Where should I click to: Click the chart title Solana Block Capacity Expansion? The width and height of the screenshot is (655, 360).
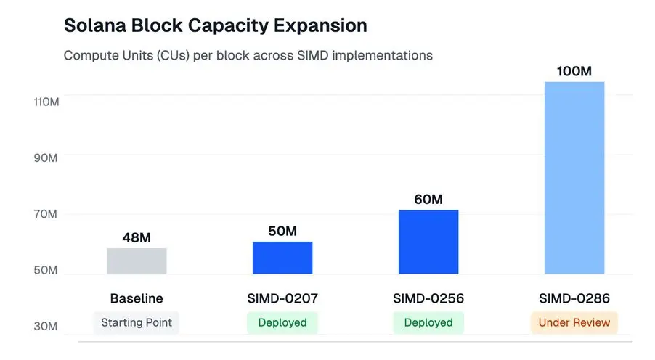click(215, 25)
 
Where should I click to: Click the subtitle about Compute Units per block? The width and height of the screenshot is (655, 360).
click(248, 55)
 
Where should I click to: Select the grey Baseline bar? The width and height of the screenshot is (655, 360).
click(137, 261)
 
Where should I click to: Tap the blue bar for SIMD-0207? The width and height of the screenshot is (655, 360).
click(282, 258)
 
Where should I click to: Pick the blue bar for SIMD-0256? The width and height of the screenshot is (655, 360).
click(428, 242)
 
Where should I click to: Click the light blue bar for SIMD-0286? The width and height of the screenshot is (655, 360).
click(574, 178)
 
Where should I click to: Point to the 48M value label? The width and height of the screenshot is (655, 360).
click(137, 237)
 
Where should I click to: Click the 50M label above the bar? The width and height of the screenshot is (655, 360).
click(282, 231)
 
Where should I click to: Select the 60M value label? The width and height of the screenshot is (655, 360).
click(428, 199)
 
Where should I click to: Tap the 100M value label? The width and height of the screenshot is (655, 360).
click(574, 71)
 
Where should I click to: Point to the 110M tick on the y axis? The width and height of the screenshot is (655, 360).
click(46, 102)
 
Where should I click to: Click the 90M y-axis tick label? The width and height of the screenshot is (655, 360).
click(46, 158)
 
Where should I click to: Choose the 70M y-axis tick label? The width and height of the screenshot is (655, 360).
click(46, 214)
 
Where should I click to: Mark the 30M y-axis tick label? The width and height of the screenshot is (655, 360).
click(46, 327)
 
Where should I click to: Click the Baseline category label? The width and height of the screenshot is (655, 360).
click(137, 298)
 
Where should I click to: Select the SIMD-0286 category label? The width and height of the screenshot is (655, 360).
click(574, 298)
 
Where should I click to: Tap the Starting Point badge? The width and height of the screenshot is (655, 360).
click(137, 322)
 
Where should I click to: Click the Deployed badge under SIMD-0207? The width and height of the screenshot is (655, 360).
click(282, 322)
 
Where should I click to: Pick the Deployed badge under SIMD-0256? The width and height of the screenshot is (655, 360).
click(428, 322)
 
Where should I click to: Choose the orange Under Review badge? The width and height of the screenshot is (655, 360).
click(574, 322)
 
